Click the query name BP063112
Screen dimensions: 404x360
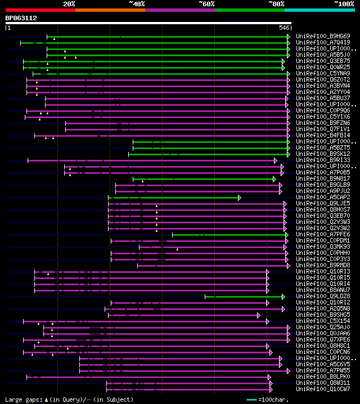(21, 18)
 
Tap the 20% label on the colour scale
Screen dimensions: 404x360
(69, 3)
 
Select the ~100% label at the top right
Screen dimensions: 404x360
(344, 3)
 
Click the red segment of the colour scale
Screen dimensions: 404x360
(40, 10)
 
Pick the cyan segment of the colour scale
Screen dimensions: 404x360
(319, 10)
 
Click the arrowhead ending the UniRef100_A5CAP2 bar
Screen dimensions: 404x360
(239, 197)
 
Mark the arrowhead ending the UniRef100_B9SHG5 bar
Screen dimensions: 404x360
(259, 315)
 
